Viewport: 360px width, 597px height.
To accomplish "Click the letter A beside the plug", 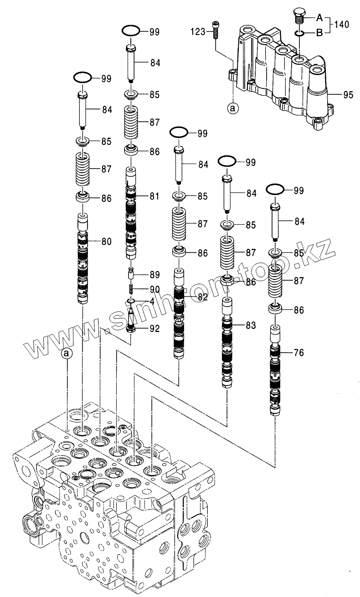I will pos(319,18).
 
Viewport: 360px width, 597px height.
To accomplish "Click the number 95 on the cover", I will pos(348,95).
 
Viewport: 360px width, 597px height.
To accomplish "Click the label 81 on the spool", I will pos(154,197).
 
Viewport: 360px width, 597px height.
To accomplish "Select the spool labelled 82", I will pos(179,314).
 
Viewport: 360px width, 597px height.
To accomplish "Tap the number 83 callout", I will pos(250,325).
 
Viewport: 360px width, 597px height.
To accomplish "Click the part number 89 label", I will pos(154,275).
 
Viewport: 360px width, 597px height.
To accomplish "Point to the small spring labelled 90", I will pos(131,289).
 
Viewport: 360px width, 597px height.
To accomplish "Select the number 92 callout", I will pos(154,328).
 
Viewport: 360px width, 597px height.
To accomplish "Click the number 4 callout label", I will pos(152,301).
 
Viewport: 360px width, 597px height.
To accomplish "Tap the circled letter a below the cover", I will pos(232,108).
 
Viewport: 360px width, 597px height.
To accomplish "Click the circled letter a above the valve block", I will pos(67,353).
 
